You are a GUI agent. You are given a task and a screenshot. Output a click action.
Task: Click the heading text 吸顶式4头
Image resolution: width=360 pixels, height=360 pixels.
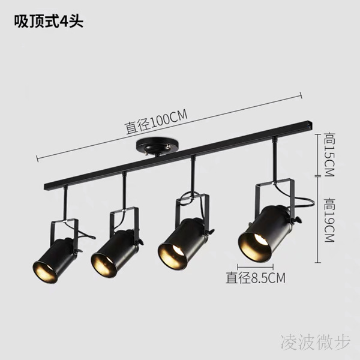coord(49,22)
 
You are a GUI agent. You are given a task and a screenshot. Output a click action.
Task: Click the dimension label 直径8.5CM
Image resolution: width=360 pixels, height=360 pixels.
coord(255,277)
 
